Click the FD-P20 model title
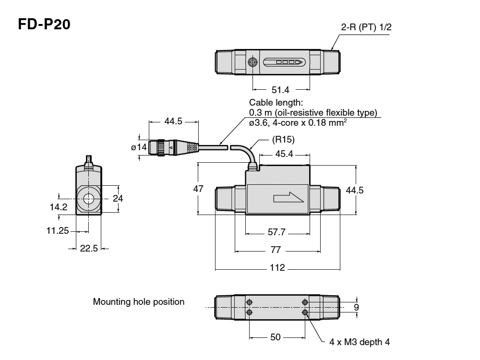click(44, 24)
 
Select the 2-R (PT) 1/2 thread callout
click(366, 27)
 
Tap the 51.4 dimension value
click(281, 89)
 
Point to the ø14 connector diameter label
click(139, 147)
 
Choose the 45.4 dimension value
click(284, 155)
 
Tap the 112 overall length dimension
click(277, 267)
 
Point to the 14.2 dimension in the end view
click(59, 207)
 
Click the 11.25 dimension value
click(58, 230)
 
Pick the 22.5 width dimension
click(89, 249)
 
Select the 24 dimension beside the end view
click(118, 198)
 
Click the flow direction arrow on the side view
click(288, 198)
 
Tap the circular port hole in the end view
click(88, 198)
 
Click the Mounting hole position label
click(139, 302)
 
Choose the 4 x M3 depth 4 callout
click(360, 342)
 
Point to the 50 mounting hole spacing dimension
click(276, 337)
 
